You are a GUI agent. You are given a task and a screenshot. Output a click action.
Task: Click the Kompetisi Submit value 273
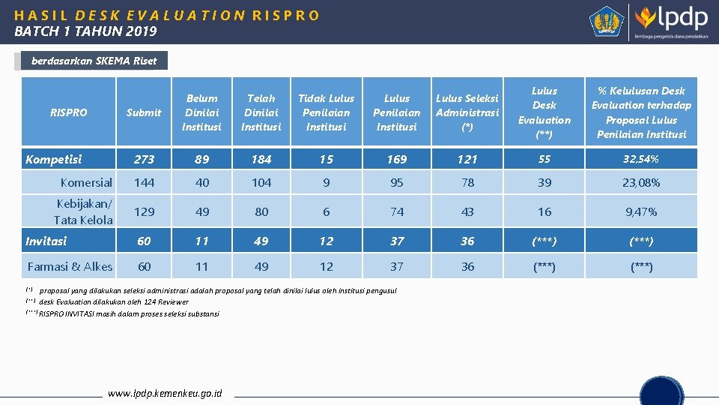(144, 159)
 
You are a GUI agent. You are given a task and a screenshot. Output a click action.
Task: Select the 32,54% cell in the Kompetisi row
(641, 159)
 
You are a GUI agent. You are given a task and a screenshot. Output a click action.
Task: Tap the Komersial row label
(86, 182)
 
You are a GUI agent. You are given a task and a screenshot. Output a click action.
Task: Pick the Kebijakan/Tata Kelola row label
(84, 211)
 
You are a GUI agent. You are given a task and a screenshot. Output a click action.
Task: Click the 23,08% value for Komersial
(641, 182)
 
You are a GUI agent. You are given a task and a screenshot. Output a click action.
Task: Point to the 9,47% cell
(641, 211)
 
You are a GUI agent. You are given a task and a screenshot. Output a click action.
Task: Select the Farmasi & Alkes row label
(70, 266)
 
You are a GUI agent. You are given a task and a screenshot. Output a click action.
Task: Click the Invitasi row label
(46, 241)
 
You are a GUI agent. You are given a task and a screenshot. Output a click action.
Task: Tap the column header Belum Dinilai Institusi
(201, 112)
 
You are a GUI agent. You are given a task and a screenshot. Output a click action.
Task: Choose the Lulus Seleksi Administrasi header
(467, 112)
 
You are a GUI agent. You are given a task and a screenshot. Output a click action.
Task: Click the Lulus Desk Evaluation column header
(544, 112)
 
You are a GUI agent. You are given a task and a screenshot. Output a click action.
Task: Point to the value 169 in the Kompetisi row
(397, 159)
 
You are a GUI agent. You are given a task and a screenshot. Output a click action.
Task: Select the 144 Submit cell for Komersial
(144, 182)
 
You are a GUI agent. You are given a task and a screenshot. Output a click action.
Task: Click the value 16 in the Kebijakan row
(544, 211)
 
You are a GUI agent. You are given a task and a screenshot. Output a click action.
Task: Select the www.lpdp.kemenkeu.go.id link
(165, 393)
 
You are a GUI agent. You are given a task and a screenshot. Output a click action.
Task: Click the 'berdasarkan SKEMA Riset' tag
(94, 61)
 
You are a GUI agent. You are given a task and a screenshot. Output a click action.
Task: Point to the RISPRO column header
(68, 112)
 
